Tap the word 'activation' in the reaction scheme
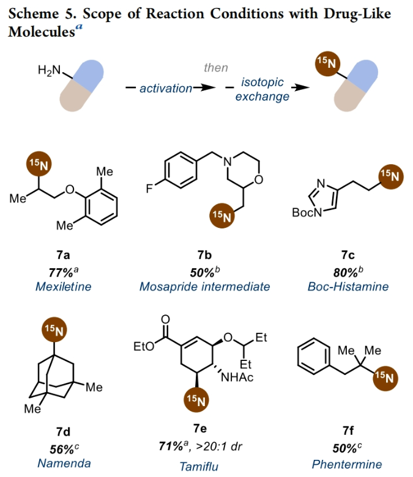coord(166,89)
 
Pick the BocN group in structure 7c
coord(306,213)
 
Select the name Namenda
coord(61,464)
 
